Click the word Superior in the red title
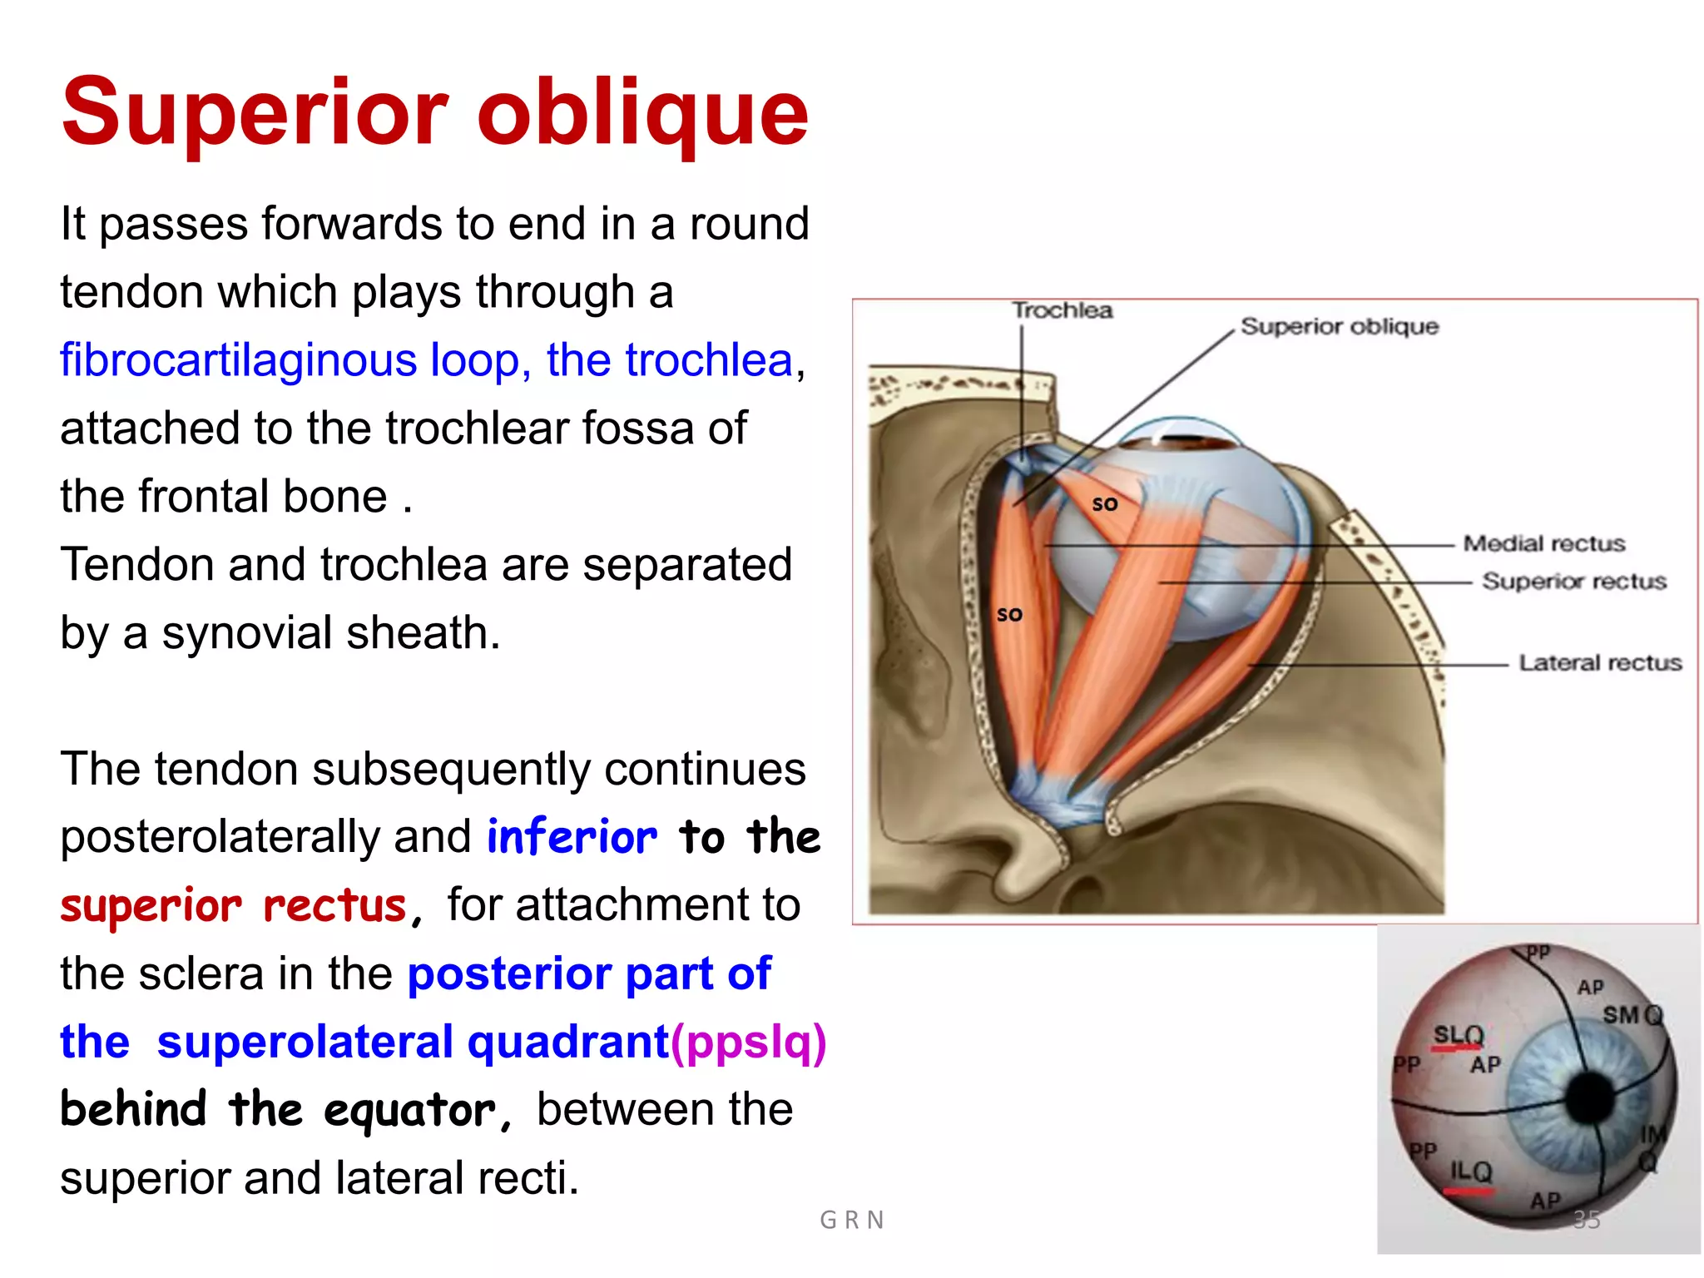255,112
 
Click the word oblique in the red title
642,112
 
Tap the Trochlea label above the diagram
1062,310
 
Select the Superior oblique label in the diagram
1339,326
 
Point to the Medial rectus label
1543,543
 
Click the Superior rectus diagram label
1573,581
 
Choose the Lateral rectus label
1599,662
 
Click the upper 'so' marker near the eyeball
1104,504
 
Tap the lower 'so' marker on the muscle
1009,615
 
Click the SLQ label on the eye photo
1458,1035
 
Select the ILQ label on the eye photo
1471,1171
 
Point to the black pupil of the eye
1591,1097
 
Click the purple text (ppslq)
749,1042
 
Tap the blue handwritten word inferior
572,837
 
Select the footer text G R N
851,1220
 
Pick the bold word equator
409,1111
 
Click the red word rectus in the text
334,905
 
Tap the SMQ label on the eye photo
1632,1015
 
